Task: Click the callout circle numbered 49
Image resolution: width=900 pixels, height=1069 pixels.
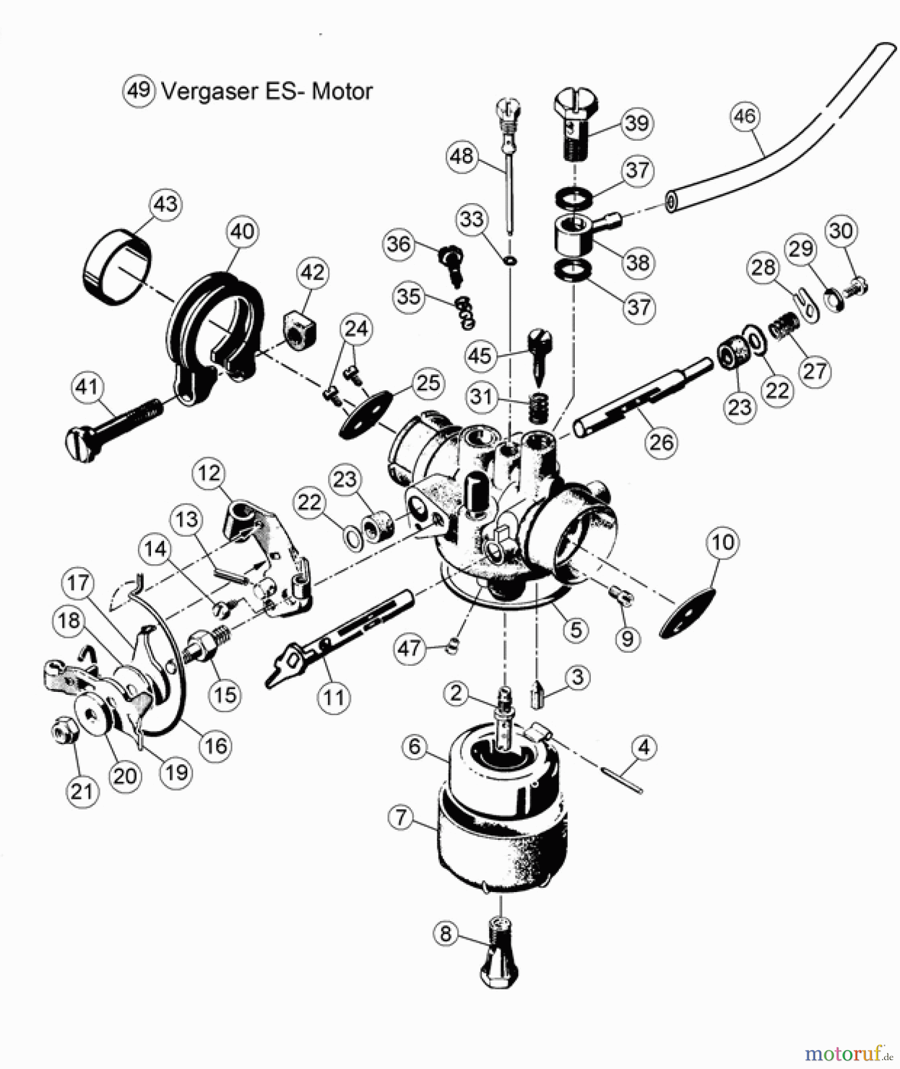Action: pos(139,91)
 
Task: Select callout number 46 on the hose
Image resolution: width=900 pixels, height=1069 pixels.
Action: pos(745,116)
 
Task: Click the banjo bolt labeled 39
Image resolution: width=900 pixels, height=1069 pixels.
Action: pos(572,127)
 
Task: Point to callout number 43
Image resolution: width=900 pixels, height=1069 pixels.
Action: pos(165,204)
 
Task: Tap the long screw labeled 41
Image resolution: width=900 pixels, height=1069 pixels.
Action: pos(113,428)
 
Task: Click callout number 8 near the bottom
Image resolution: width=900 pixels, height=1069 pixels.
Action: pos(446,934)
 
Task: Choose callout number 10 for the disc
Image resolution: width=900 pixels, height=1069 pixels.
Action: pos(723,543)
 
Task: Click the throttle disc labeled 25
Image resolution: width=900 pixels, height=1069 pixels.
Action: pos(369,414)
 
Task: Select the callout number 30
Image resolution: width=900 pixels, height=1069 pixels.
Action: pos(841,230)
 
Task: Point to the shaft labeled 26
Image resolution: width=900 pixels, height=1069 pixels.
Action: pos(642,398)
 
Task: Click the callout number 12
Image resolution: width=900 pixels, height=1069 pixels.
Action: pos(209,473)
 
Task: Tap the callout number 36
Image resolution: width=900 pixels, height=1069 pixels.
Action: pos(399,243)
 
